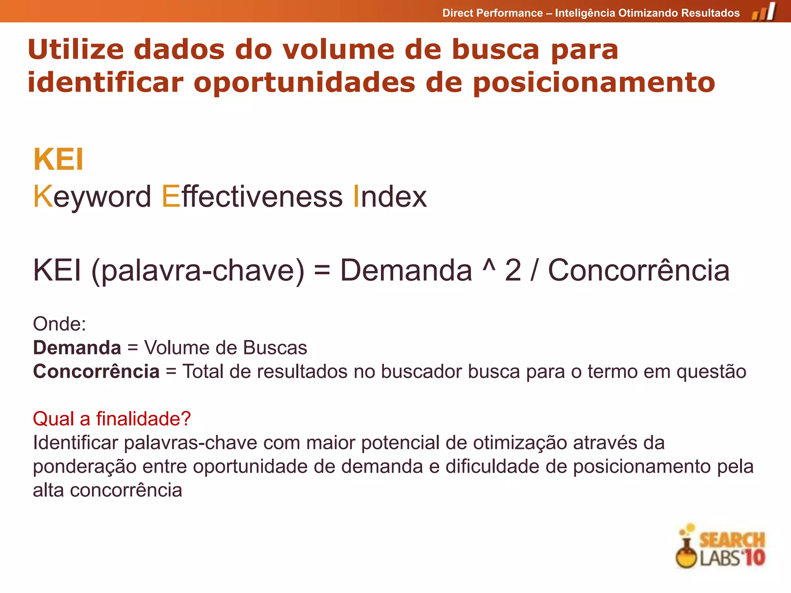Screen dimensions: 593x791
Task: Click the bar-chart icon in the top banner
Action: [x=764, y=12]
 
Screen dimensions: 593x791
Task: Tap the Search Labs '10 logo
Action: [x=721, y=547]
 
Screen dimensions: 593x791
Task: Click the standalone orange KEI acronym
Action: [x=58, y=159]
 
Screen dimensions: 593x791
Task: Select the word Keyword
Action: [x=92, y=197]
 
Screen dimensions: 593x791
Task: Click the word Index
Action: [x=390, y=197]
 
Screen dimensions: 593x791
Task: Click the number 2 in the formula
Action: [x=513, y=270]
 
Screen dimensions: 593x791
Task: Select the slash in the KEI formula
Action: [x=535, y=270]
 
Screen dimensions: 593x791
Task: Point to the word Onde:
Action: [x=59, y=324]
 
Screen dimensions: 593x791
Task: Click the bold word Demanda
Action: [x=77, y=347]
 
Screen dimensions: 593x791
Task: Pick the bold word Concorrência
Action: [x=96, y=371]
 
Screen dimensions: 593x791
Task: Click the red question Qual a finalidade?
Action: [x=112, y=419]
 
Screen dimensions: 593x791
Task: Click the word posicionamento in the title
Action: [x=594, y=83]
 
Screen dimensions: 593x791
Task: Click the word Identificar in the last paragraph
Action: [x=75, y=442]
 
